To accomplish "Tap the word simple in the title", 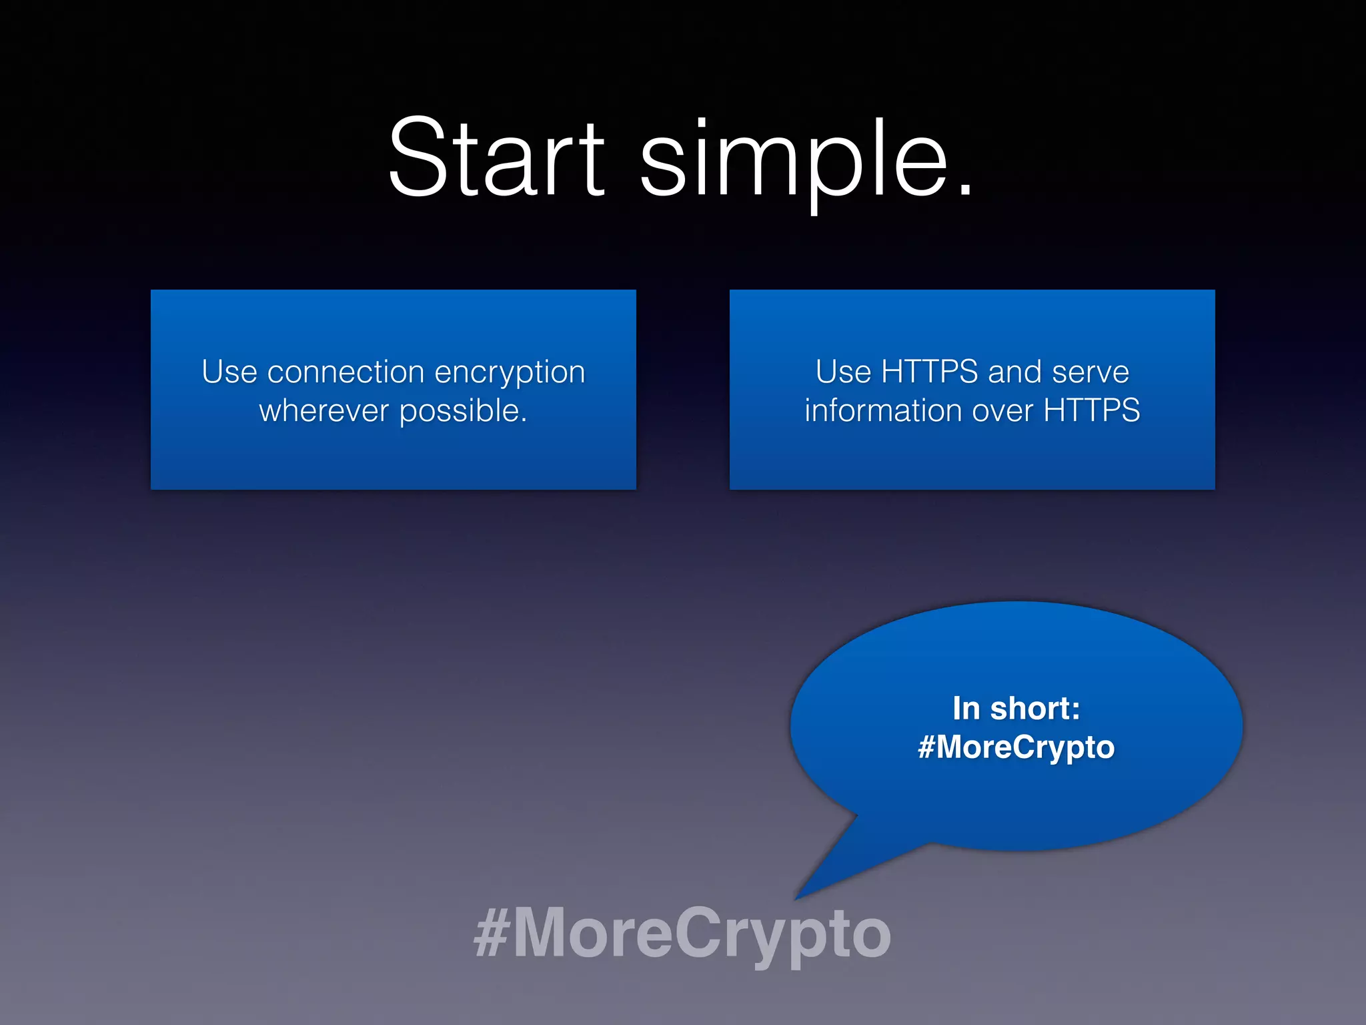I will click(x=794, y=160).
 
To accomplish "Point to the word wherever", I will click(x=323, y=410).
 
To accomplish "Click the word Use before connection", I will click(x=229, y=372).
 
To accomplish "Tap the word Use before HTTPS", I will click(x=843, y=372).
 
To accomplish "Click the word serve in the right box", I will click(x=1090, y=372).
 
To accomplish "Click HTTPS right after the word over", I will click(x=1091, y=410).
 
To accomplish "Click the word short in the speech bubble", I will click(x=1035, y=709).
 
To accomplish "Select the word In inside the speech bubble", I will click(x=966, y=709).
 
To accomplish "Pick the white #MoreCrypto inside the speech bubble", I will click(x=1016, y=747).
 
